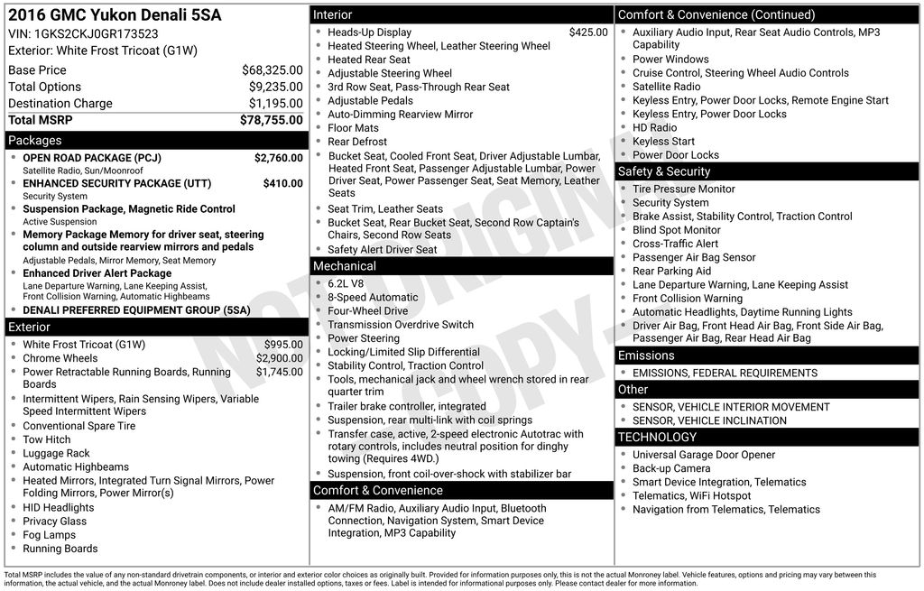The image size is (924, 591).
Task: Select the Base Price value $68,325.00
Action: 272,70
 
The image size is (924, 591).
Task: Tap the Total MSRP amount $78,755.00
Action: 271,120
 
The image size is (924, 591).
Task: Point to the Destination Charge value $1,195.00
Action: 275,104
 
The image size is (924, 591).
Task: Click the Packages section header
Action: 35,141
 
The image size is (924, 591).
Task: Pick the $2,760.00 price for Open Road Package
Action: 278,158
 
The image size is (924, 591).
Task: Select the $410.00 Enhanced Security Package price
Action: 282,183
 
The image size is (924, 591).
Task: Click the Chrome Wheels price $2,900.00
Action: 279,358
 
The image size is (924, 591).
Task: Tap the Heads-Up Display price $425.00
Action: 588,32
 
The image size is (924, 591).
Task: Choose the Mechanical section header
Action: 344,266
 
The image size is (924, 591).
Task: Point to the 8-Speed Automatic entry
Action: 373,297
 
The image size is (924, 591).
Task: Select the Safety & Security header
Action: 664,171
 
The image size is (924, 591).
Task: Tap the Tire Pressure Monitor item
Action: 683,189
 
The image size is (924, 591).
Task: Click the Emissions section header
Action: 646,356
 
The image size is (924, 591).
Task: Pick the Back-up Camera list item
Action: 670,468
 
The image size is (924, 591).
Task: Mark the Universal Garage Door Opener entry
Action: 703,455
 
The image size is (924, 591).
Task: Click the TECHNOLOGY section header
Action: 657,438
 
